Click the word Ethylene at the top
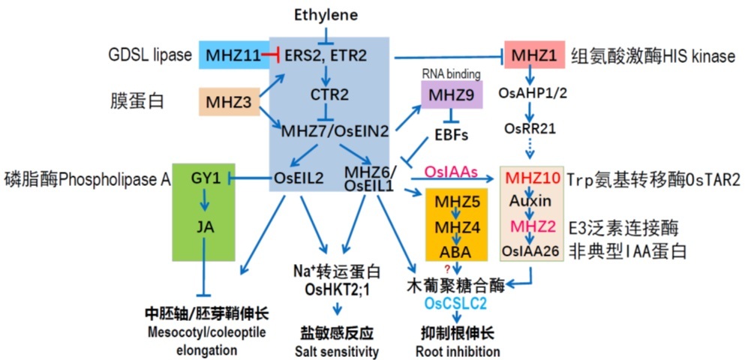click(326, 14)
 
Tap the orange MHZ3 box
click(228, 101)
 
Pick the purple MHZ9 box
click(451, 95)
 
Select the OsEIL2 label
click(299, 178)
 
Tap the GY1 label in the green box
click(199, 178)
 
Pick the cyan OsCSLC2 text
click(456, 303)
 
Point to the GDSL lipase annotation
click(148, 55)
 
